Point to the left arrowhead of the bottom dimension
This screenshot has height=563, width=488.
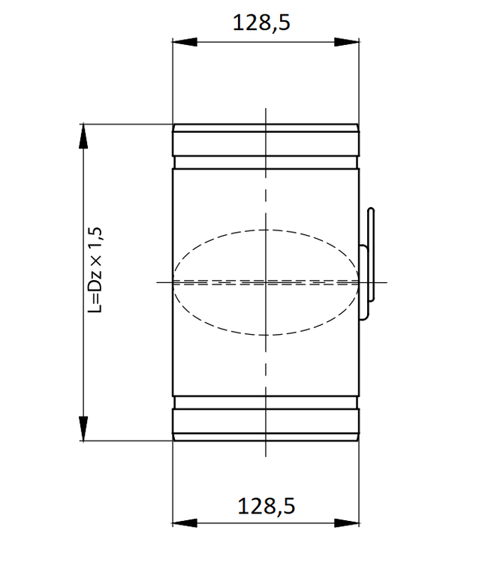(x=180, y=522)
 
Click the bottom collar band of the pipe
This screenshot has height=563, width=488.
(x=266, y=424)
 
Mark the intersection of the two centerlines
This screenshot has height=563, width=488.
(x=266, y=281)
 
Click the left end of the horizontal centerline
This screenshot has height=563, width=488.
(x=158, y=281)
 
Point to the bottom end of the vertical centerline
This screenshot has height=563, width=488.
(x=266, y=456)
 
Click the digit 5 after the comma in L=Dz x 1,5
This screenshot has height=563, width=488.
(x=95, y=235)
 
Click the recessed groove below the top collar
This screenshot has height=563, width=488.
(x=266, y=161)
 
